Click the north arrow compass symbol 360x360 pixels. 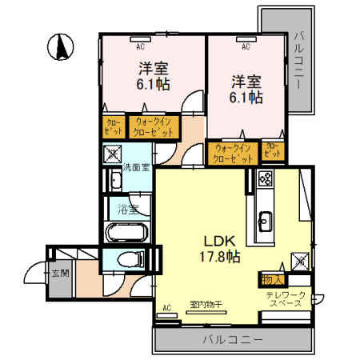coord(59,47)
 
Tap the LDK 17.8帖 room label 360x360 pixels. coord(214,248)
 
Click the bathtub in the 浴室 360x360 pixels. coord(126,234)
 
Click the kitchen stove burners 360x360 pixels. coord(266,179)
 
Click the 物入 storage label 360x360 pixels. coord(270,279)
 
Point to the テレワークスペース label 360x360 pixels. coord(286,301)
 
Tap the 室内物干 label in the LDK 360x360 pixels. coord(206,304)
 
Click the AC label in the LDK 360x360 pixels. coord(168,306)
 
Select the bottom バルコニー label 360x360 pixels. coord(233,339)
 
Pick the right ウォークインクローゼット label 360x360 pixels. coord(233,152)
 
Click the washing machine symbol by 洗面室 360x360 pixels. coord(111,152)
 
